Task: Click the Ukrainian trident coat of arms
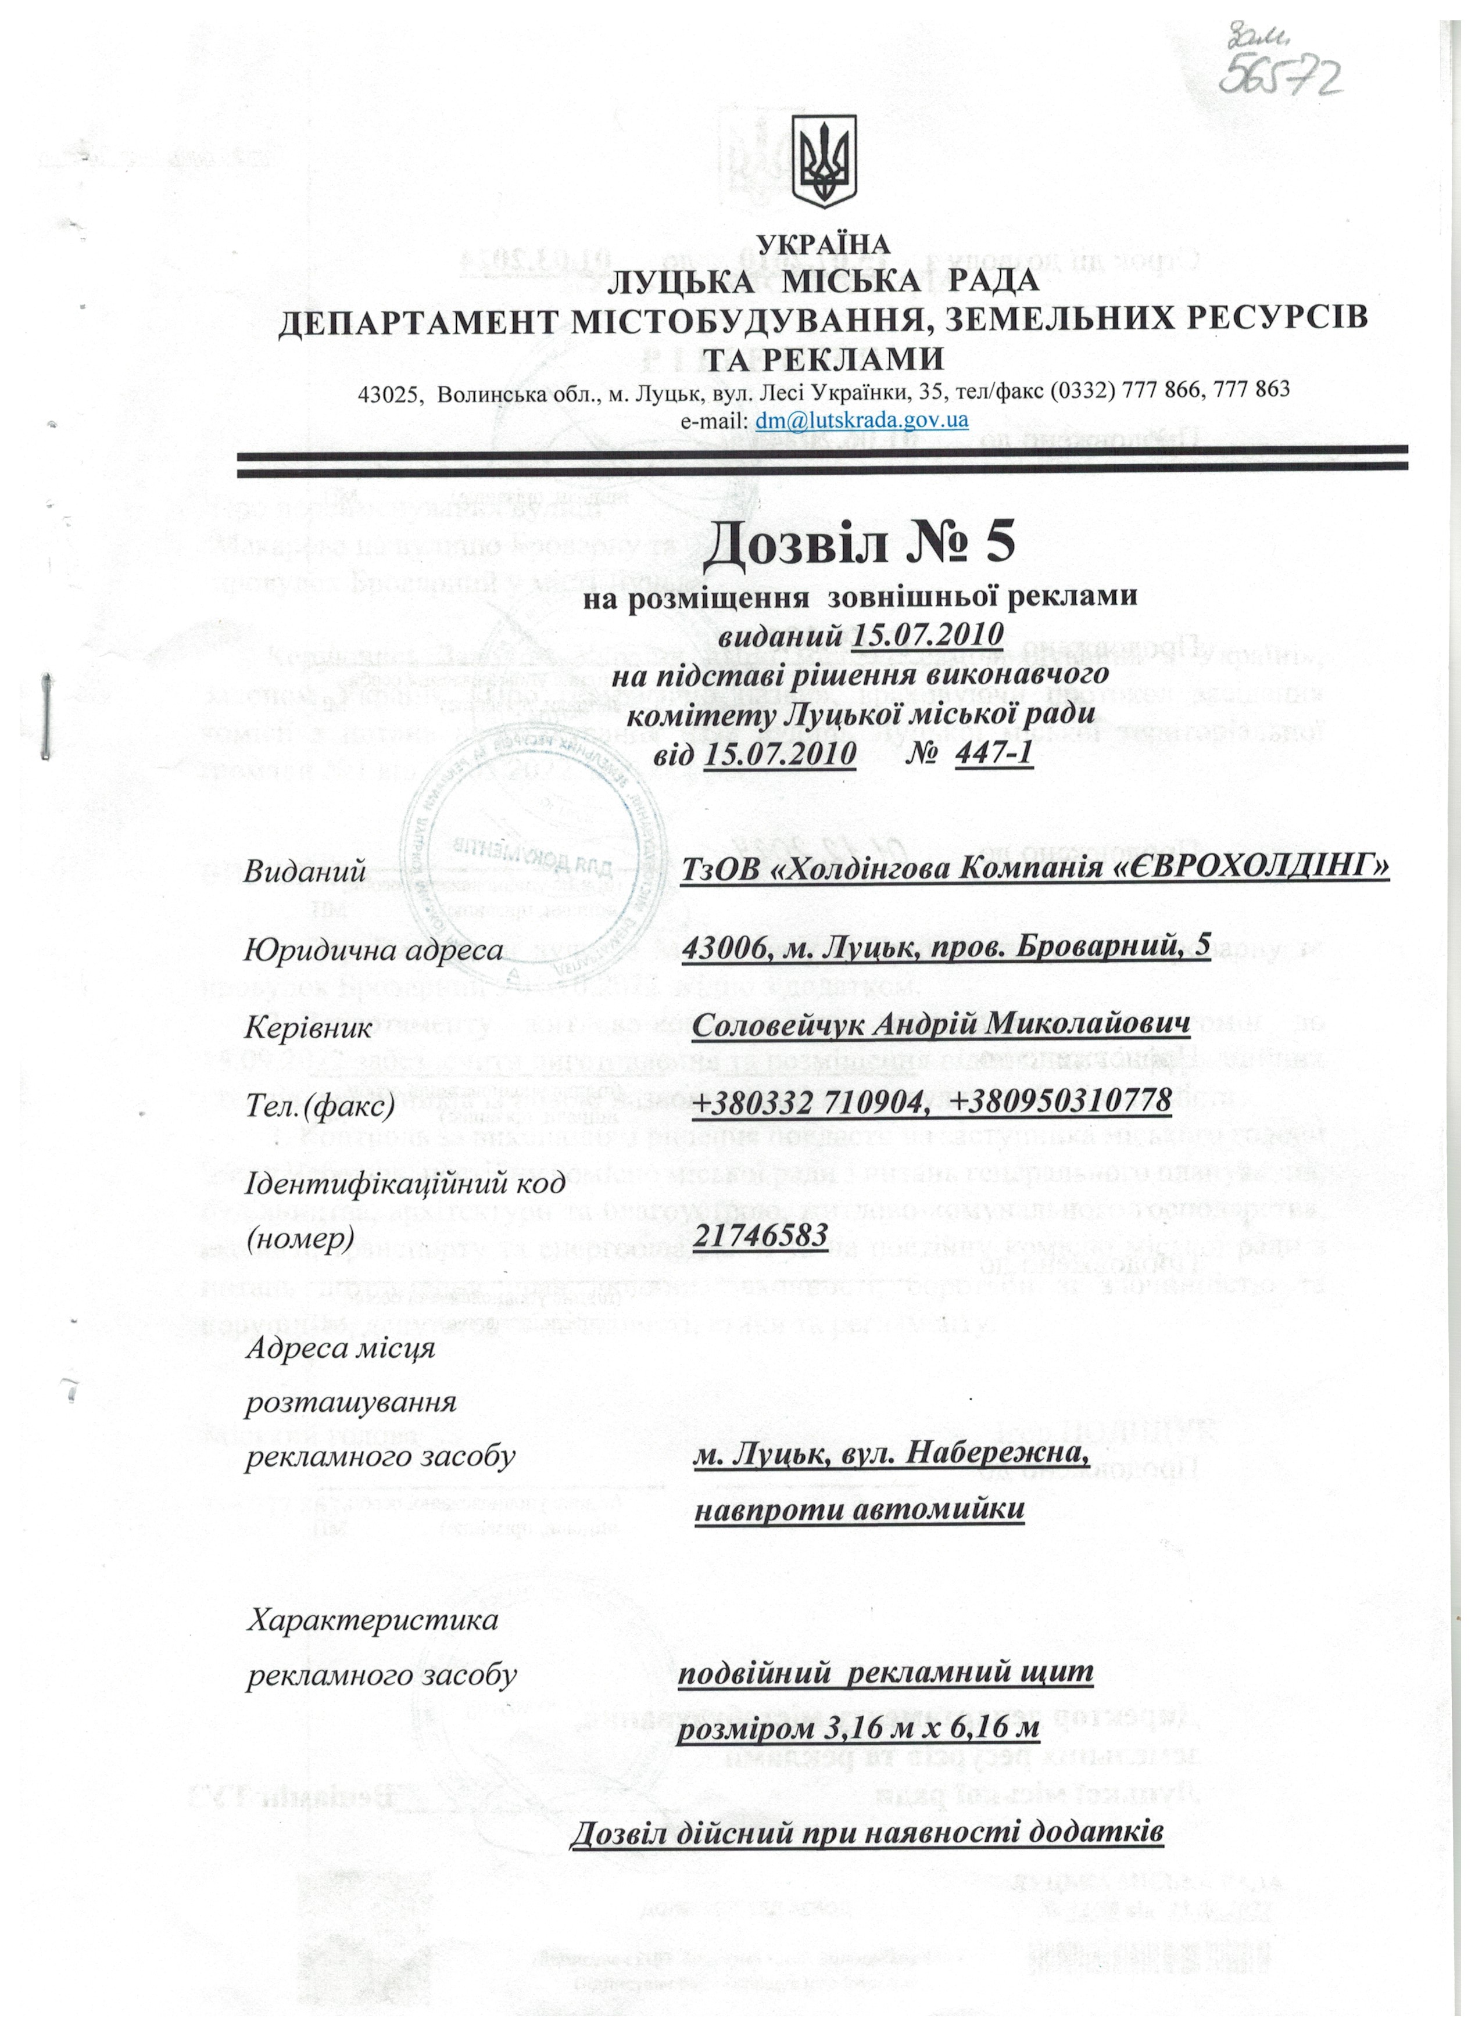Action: tap(824, 163)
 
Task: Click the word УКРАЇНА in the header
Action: tap(824, 243)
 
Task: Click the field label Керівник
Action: tap(308, 1027)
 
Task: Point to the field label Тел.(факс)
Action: tap(320, 1104)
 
